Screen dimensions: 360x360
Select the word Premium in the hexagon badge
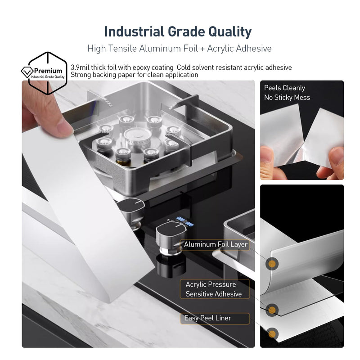pyautogui.click(x=48, y=71)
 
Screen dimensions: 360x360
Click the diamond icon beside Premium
pyautogui.click(x=27, y=72)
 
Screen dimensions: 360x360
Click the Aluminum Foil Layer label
pyautogui.click(x=216, y=244)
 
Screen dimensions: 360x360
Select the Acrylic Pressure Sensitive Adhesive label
pyautogui.click(x=214, y=289)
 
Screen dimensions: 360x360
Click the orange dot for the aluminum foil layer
pyautogui.click(x=272, y=263)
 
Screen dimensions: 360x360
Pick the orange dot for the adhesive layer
pyautogui.click(x=272, y=310)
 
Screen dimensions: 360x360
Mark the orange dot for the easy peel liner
pyautogui.click(x=272, y=333)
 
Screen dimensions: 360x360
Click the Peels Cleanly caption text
pyautogui.click(x=284, y=88)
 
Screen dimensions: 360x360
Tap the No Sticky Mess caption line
pyautogui.click(x=287, y=98)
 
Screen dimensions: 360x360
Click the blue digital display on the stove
pyautogui.click(x=184, y=221)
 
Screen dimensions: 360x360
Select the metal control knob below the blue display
pyautogui.click(x=171, y=238)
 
